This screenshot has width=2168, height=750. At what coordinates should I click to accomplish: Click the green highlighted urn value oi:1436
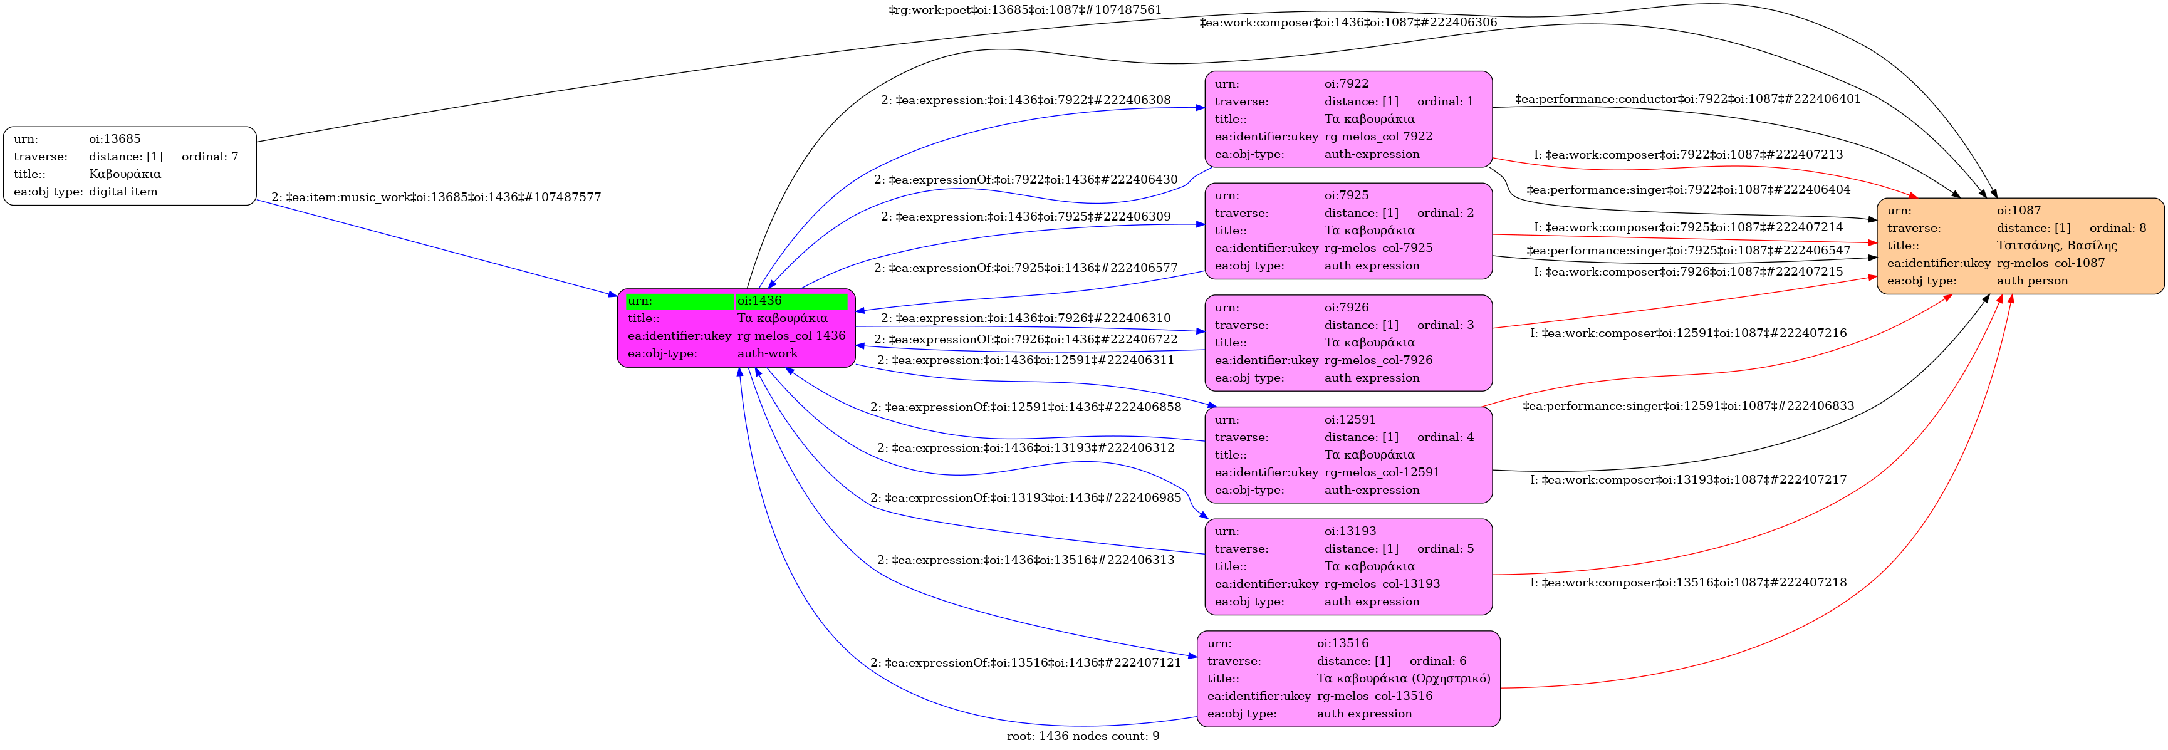point(759,301)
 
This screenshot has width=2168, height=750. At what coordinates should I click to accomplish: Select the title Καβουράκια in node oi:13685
point(125,174)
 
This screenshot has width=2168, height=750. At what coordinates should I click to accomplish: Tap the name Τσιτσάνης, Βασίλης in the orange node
point(2056,246)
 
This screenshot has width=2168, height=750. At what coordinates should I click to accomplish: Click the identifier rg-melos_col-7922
point(1378,137)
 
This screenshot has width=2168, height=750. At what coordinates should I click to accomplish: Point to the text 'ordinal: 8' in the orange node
point(2117,228)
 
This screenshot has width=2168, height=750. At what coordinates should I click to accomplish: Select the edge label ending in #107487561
point(1024,10)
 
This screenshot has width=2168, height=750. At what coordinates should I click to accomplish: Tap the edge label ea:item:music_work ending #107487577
point(436,197)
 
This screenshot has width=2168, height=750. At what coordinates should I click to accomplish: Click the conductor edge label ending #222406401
point(1687,98)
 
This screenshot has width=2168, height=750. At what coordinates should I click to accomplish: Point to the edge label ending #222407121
point(1025,662)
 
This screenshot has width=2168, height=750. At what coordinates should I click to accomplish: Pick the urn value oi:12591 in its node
point(1350,419)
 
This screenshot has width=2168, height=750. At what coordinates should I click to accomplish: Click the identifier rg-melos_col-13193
point(1382,584)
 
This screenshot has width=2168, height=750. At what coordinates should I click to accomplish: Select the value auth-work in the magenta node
point(767,353)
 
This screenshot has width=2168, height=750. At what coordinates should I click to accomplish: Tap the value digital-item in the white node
point(123,192)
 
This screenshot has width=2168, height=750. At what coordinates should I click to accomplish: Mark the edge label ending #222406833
point(1687,406)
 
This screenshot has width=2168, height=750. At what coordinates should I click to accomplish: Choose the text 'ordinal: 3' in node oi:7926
point(1445,325)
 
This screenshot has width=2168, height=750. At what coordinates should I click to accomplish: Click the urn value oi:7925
point(1347,195)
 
